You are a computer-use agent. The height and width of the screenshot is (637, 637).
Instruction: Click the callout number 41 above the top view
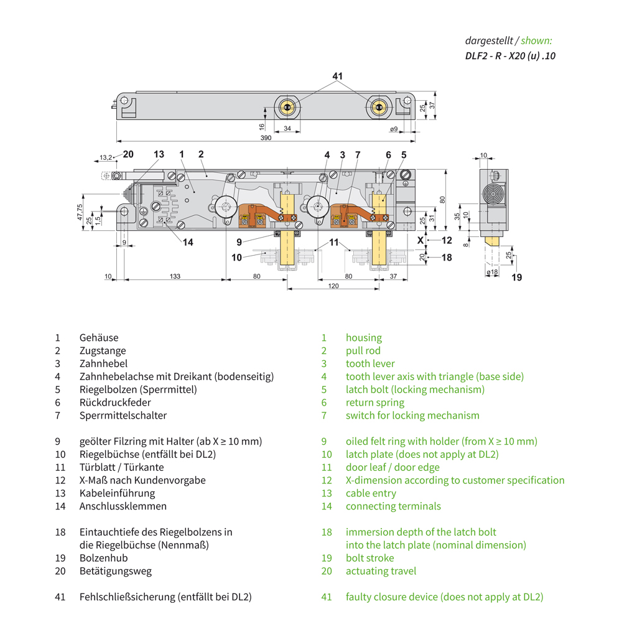tap(337, 77)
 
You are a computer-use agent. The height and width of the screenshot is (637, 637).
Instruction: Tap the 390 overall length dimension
tap(266, 138)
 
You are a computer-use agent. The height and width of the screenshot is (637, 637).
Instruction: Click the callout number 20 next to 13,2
tap(128, 154)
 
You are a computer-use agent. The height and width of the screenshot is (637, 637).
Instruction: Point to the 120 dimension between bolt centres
tap(333, 286)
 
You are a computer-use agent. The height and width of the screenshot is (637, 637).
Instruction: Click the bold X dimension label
tap(420, 239)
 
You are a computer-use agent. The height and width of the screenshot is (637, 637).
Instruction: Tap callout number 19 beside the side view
tap(516, 277)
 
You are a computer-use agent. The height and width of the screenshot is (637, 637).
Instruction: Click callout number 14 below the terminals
tap(188, 243)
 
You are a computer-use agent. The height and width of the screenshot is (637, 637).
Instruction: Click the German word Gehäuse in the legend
tap(98, 338)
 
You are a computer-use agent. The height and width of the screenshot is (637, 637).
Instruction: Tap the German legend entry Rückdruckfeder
tap(115, 402)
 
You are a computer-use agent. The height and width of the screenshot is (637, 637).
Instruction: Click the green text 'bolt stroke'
tap(370, 558)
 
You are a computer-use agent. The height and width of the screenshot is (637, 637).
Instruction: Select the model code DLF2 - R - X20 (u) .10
tap(510, 55)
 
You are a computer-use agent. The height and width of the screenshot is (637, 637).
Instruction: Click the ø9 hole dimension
tap(394, 129)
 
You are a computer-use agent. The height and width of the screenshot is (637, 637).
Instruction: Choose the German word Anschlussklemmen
tap(123, 506)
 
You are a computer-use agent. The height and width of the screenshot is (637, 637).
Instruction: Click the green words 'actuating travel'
tap(381, 571)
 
